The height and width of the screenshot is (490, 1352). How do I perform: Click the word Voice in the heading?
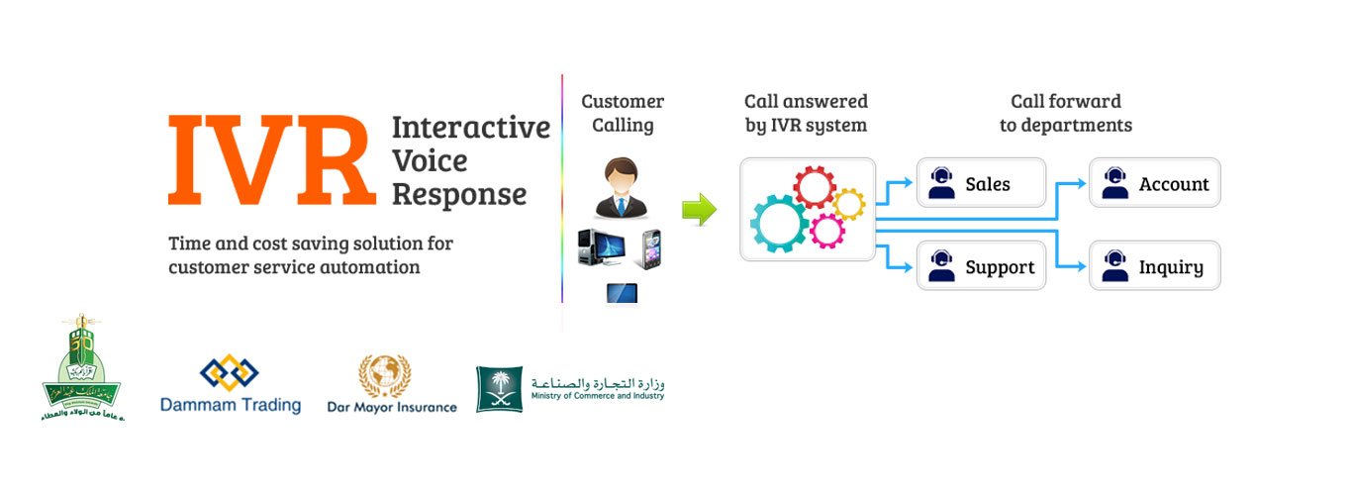point(430,160)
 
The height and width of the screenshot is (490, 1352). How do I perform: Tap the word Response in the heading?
point(458,194)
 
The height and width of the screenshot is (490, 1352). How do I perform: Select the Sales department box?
point(981,183)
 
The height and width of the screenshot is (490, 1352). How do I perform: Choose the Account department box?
point(1154,184)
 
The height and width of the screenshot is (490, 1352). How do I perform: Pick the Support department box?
point(981,266)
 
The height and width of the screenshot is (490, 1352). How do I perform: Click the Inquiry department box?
point(1154,266)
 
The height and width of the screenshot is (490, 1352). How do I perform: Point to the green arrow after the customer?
point(699,210)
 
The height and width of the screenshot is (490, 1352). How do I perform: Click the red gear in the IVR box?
point(815,186)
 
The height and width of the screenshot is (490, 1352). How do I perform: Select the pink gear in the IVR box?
point(827,230)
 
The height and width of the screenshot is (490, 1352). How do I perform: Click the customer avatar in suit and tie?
point(622,189)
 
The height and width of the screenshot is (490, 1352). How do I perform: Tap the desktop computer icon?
point(600,248)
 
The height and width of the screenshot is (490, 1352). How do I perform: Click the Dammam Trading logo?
point(230,385)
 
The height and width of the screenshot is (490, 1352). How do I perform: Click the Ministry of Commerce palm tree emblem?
point(500,389)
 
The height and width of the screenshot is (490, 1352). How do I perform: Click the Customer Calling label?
point(623,113)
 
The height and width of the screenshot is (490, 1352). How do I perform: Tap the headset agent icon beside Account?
point(1115,184)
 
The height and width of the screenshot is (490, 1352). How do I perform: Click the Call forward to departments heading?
point(1065,113)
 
